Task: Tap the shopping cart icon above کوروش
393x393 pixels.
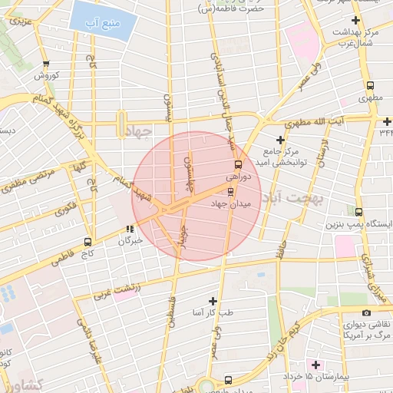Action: (47, 64)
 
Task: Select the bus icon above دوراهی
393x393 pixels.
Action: (237, 164)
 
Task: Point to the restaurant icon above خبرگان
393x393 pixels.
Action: (130, 228)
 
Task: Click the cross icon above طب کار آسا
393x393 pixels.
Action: (213, 301)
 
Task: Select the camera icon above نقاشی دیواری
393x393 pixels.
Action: (366, 312)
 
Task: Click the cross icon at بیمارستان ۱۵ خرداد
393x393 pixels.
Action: (314, 363)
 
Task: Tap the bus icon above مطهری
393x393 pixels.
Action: (371, 87)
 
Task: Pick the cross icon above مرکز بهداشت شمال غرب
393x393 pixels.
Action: (354, 21)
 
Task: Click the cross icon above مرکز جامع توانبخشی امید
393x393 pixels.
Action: (280, 140)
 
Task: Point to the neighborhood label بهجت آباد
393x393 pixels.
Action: (294, 198)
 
